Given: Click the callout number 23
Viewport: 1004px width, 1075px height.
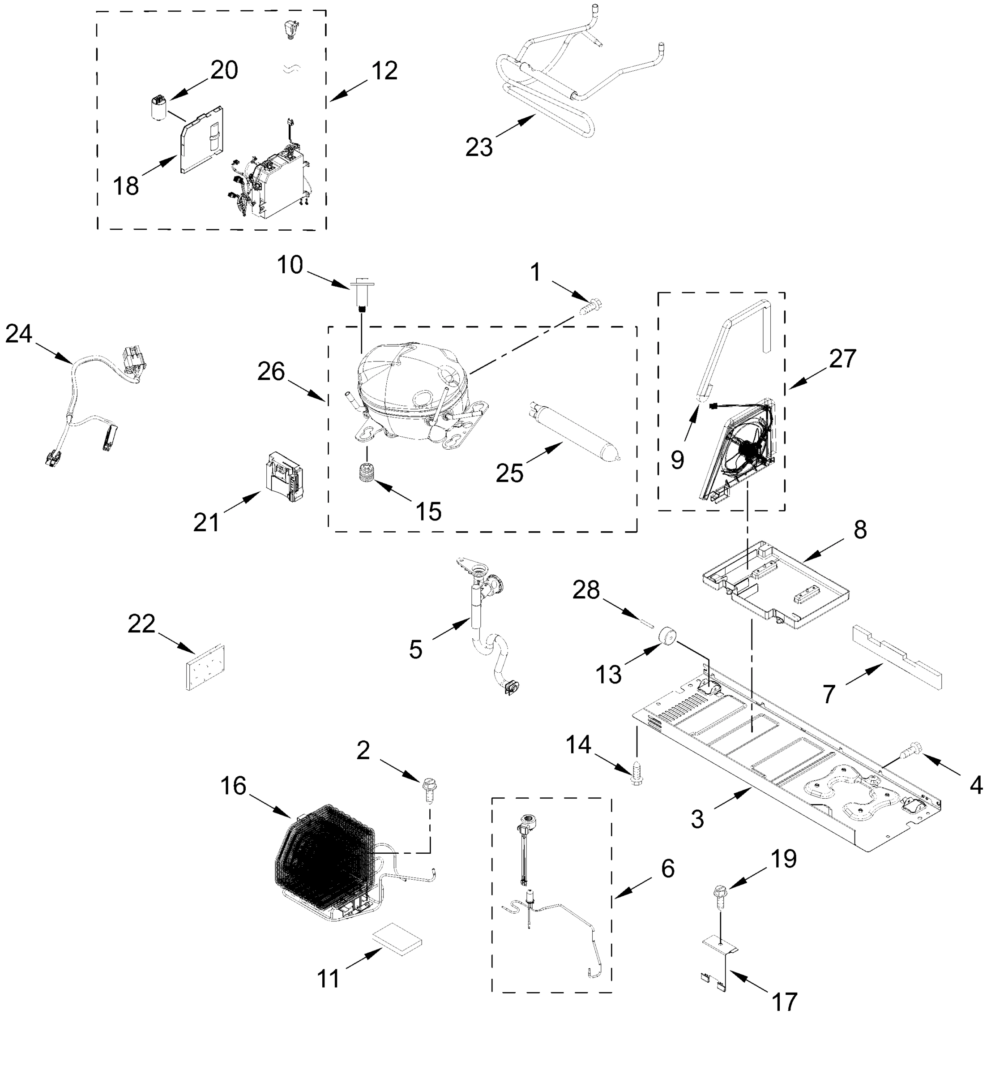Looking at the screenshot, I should tap(479, 147).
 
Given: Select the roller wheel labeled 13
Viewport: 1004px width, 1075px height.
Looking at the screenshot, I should tap(668, 636).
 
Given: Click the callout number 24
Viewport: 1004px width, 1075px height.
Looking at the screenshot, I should tap(19, 334).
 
